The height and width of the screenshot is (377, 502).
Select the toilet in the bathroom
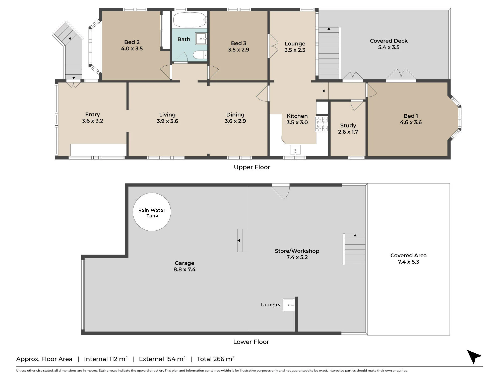(x=200, y=55)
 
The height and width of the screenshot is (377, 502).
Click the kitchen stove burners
(x=322, y=124)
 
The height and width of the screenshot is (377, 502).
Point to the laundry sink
(x=289, y=305)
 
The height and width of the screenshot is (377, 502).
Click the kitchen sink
(x=295, y=150)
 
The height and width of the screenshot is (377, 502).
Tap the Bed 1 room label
(x=411, y=116)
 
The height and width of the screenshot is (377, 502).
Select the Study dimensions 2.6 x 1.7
(x=348, y=132)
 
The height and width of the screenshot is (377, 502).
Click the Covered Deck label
(x=389, y=41)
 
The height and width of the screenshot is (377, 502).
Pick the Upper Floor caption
(x=252, y=167)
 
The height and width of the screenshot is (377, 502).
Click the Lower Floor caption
(x=251, y=342)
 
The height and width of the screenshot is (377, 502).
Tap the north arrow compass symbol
(x=474, y=356)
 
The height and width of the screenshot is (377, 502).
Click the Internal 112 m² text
(x=106, y=359)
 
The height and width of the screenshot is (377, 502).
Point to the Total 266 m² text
(x=216, y=359)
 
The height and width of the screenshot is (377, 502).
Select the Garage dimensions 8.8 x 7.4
(x=184, y=269)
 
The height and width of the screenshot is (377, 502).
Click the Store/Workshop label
(x=297, y=251)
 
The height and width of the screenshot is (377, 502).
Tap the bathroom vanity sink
(x=201, y=39)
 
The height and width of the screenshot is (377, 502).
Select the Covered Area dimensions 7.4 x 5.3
(x=408, y=262)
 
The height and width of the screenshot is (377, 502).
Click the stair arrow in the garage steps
(x=238, y=241)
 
